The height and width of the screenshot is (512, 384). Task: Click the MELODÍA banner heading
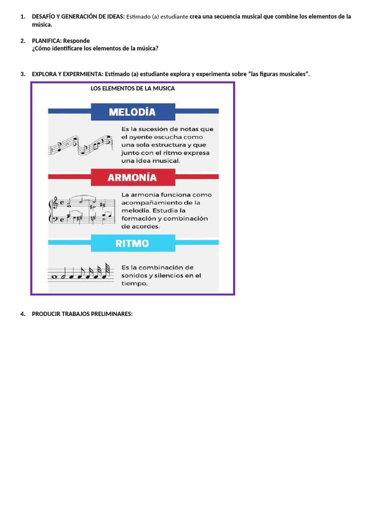(x=132, y=112)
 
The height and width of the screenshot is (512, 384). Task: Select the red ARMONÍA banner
(x=132, y=177)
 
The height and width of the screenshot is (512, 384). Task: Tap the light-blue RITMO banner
(x=132, y=243)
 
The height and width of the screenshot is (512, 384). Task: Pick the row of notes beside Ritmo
(x=80, y=272)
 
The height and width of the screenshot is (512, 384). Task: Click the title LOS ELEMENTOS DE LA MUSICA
(x=132, y=88)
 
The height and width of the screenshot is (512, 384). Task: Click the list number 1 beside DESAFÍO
(x=22, y=16)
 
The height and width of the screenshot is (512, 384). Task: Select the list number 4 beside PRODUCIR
(x=22, y=314)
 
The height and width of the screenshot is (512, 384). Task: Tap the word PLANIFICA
(x=46, y=40)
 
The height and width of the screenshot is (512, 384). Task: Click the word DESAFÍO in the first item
(x=44, y=16)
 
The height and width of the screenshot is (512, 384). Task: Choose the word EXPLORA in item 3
(x=44, y=74)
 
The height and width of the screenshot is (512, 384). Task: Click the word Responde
(x=76, y=40)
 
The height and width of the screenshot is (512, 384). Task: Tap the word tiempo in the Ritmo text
(x=134, y=283)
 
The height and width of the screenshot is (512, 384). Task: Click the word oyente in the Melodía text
(x=141, y=137)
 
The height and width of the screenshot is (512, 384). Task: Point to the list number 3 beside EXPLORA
(x=22, y=74)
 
